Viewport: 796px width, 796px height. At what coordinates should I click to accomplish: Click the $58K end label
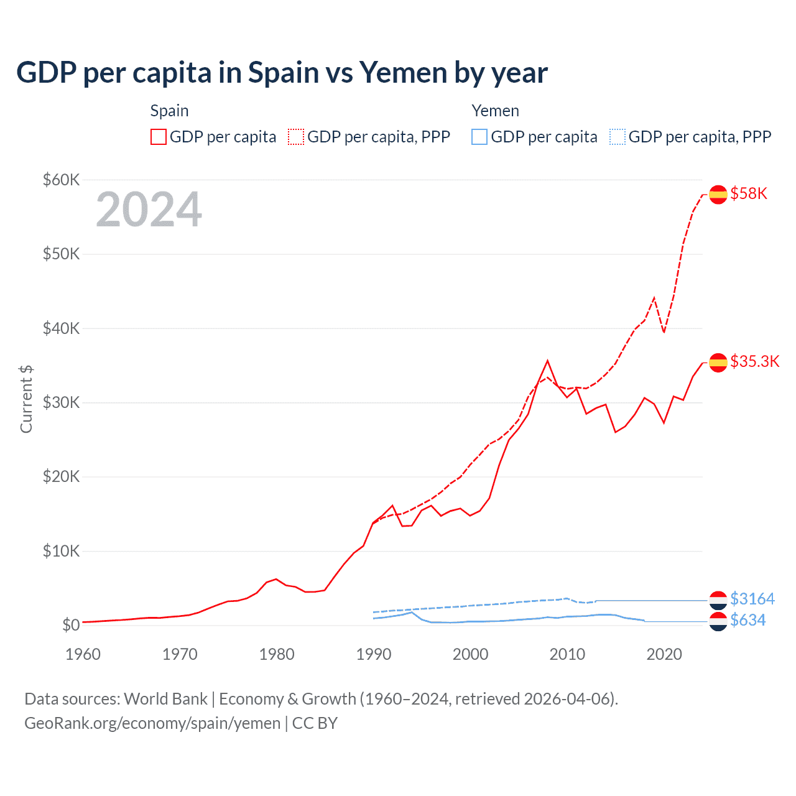point(749,194)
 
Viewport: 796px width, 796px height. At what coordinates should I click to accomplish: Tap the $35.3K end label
point(754,362)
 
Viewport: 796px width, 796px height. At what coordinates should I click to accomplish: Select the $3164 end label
point(752,599)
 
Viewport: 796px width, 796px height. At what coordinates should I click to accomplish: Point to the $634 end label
point(748,621)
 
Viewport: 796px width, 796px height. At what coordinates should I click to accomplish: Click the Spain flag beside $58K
point(718,195)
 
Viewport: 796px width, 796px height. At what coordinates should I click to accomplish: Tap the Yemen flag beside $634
point(718,621)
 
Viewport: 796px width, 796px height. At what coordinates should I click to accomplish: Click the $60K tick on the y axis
point(61,180)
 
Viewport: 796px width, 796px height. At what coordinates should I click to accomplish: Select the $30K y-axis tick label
point(61,403)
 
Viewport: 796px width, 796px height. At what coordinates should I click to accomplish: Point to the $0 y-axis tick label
point(71,626)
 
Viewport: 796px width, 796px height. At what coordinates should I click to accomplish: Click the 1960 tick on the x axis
point(83,654)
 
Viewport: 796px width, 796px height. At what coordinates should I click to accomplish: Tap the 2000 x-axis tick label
point(471,654)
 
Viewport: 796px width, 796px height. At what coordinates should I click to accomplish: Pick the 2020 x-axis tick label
point(664,654)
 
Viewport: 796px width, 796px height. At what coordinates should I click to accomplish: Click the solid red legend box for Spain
point(159,137)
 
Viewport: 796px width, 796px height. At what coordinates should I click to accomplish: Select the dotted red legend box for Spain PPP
point(296,137)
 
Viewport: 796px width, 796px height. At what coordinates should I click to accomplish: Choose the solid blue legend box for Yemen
point(479,137)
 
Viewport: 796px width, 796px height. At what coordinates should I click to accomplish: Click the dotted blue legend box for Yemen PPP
point(618,137)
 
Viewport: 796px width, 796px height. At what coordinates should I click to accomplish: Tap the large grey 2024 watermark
point(149,210)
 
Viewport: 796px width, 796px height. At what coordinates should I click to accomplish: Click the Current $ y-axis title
point(26,399)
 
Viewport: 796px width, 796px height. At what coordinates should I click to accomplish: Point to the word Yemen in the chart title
point(404,73)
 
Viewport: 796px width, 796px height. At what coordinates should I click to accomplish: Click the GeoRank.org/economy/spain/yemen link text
point(152,723)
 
